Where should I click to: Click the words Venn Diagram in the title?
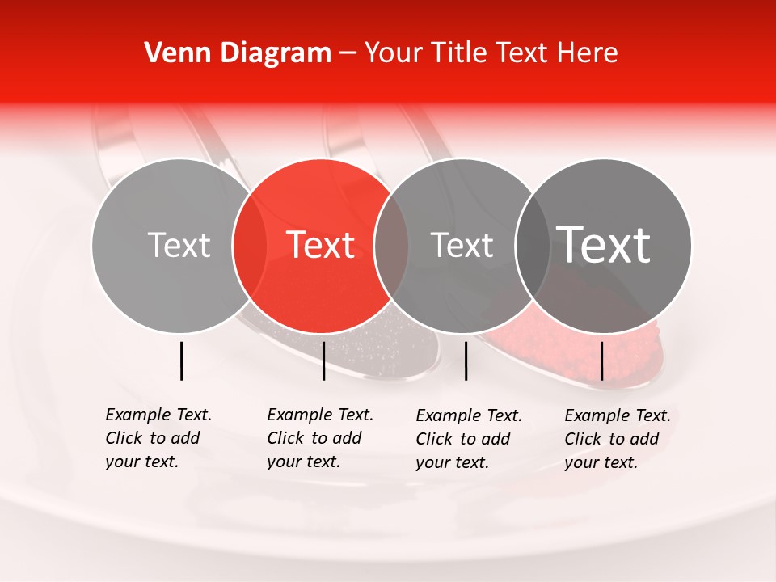click(238, 53)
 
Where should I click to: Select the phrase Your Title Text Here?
click(491, 53)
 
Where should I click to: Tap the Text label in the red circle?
click(321, 245)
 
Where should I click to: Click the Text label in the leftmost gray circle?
click(179, 245)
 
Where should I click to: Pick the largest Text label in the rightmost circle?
click(604, 244)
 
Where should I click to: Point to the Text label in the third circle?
click(462, 245)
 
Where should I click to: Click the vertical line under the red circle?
click(323, 361)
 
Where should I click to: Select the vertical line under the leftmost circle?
click(181, 361)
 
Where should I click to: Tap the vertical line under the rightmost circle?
click(601, 361)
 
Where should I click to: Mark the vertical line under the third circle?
click(466, 361)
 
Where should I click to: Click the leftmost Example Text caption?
click(158, 438)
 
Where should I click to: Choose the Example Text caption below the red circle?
click(320, 438)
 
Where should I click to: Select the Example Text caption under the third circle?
click(469, 439)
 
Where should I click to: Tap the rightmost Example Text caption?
click(618, 439)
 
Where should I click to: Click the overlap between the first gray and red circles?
click(250, 246)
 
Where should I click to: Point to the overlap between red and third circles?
click(391, 246)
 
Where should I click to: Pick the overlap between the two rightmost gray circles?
click(532, 246)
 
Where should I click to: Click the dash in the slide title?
click(348, 54)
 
